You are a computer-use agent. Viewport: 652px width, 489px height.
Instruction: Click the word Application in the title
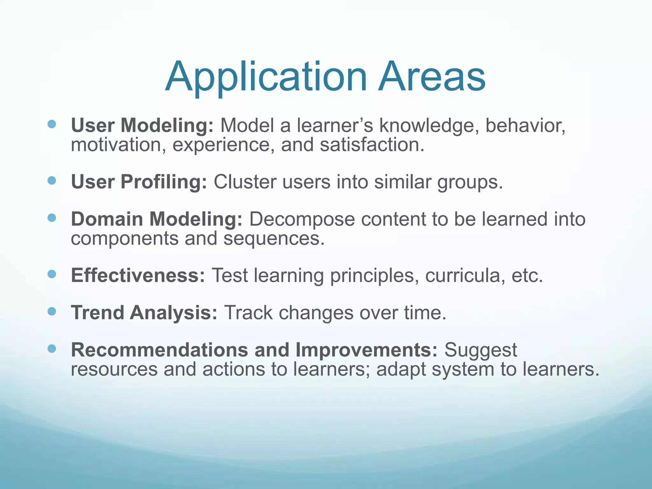(266, 77)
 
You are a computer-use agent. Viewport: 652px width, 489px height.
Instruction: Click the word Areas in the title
(432, 77)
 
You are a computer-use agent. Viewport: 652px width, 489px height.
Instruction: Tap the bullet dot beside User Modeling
(52, 124)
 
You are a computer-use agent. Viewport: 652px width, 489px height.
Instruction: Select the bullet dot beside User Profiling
(52, 181)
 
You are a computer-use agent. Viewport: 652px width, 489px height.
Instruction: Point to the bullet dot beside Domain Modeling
(52, 218)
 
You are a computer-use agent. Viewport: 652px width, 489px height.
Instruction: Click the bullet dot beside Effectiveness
(52, 274)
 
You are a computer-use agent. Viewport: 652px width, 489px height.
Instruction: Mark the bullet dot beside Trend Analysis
(52, 311)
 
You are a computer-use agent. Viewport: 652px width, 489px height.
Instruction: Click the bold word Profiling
(164, 182)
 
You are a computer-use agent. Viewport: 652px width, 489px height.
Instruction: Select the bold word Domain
(107, 219)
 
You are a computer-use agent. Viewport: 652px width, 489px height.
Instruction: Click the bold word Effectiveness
(138, 275)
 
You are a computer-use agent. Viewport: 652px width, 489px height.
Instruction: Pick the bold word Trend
(97, 313)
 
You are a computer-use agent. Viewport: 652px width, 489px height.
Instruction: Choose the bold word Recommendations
(159, 350)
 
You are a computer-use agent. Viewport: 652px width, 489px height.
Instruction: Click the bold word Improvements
(366, 350)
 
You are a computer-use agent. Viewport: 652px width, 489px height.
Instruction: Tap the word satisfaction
(372, 145)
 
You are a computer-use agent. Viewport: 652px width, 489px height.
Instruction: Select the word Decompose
(301, 219)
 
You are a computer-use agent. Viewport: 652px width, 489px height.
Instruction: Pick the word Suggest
(480, 351)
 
